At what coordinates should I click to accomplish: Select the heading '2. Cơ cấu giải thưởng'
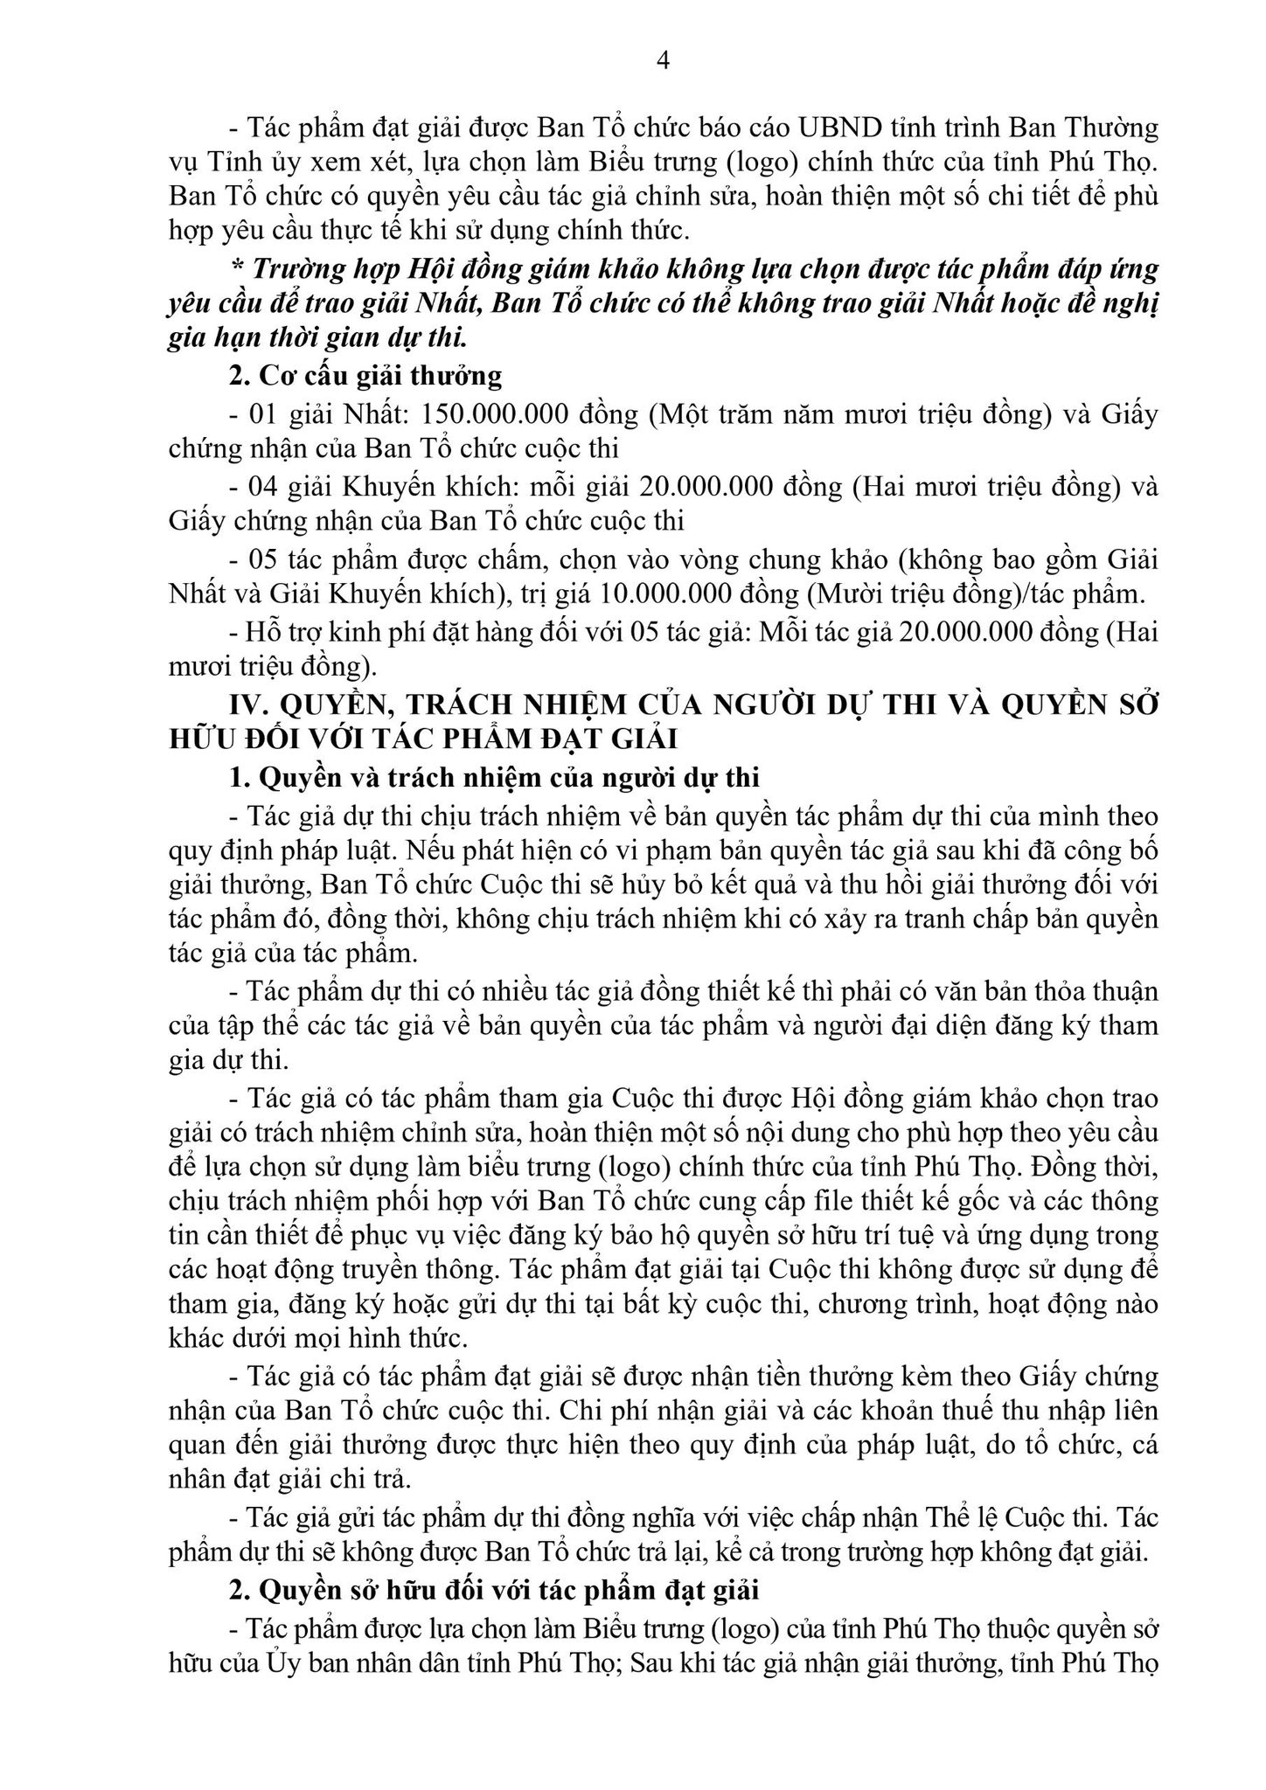365,376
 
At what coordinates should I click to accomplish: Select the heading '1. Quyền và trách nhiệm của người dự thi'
494,777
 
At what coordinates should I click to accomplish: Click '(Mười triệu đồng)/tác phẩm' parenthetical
975,594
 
